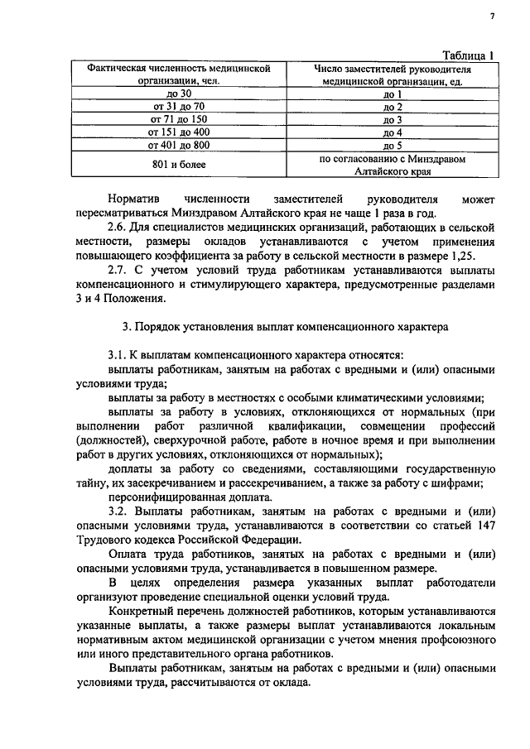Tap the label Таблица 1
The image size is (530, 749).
pyautogui.click(x=467, y=55)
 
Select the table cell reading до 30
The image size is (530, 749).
pyautogui.click(x=179, y=94)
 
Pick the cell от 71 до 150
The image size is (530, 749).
pyautogui.click(x=179, y=120)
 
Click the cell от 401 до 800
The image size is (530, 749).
pyautogui.click(x=179, y=145)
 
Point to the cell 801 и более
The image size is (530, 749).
pyautogui.click(x=179, y=164)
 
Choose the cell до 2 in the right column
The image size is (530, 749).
pyautogui.click(x=393, y=108)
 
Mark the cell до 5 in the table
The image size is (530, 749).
pyautogui.click(x=393, y=145)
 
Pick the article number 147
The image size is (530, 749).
pyautogui.click(x=483, y=528)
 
